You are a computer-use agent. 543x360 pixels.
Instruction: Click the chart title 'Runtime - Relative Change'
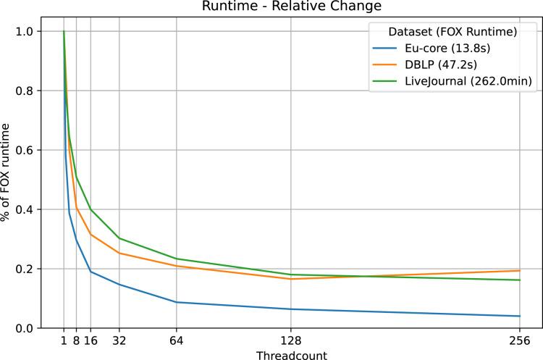pyautogui.click(x=291, y=7)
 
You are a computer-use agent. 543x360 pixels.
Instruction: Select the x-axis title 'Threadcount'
pyautogui.click(x=291, y=355)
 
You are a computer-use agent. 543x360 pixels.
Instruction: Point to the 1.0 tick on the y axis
pyautogui.click(x=25, y=31)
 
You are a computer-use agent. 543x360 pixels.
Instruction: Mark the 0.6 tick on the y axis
pyautogui.click(x=25, y=150)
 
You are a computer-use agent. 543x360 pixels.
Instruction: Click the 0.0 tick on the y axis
pyautogui.click(x=25, y=328)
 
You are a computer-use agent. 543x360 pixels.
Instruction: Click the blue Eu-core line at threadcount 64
pyautogui.click(x=177, y=302)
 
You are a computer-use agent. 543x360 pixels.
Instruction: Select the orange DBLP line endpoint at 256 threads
pyautogui.click(x=519, y=271)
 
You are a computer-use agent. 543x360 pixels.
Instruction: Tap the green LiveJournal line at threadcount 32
pyautogui.click(x=119, y=238)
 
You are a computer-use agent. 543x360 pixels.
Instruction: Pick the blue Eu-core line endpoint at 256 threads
pyautogui.click(x=519, y=316)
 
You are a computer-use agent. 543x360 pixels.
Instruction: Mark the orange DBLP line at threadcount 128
pyautogui.click(x=291, y=279)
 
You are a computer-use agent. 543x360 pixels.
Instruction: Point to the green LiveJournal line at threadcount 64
pyautogui.click(x=177, y=259)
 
